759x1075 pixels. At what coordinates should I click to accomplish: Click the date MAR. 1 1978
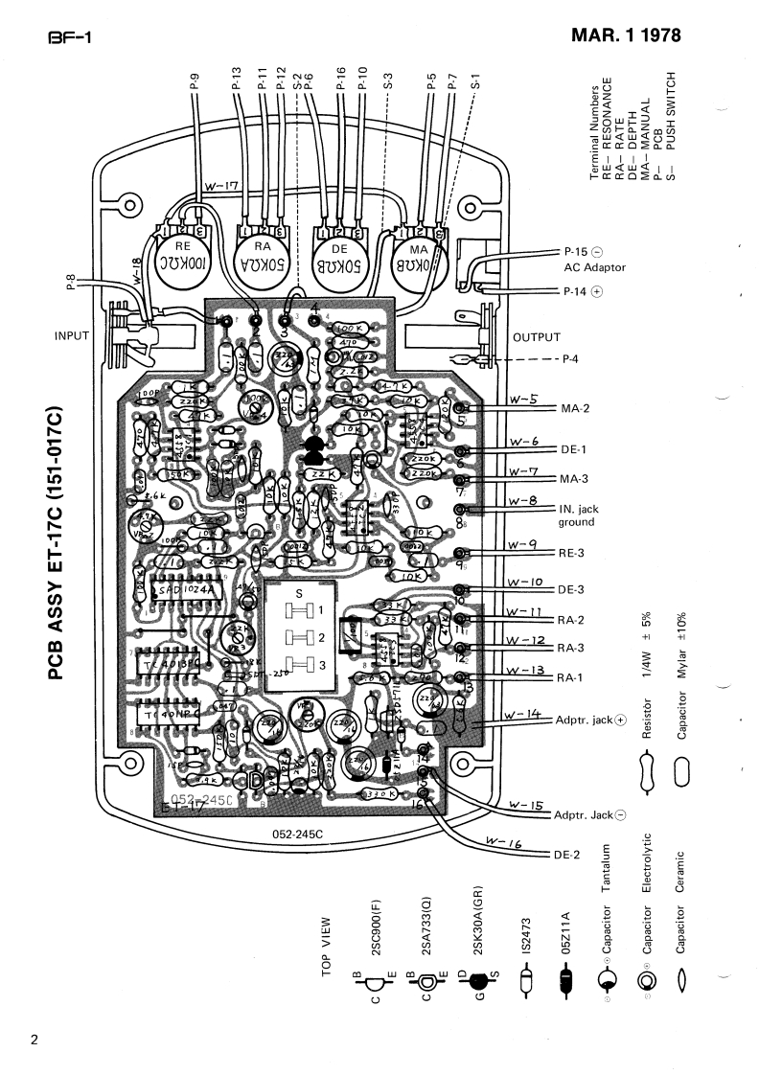pyautogui.click(x=626, y=36)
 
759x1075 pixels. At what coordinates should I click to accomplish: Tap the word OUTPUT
pyautogui.click(x=536, y=337)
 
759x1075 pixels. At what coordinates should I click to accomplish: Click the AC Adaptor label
pyautogui.click(x=594, y=267)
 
